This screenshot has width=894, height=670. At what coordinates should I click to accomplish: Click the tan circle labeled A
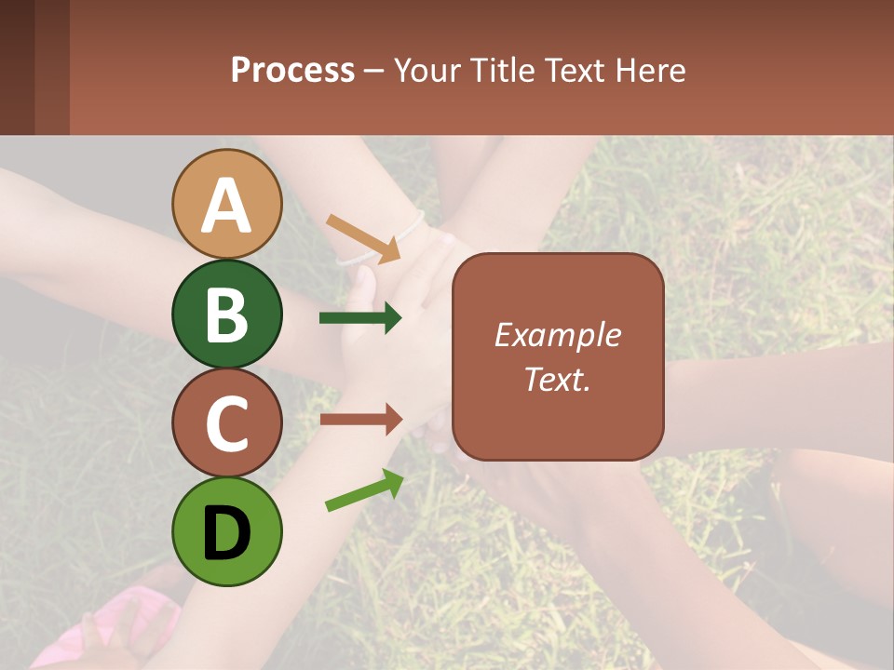[227, 204]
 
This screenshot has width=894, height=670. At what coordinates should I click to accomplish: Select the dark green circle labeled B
[227, 314]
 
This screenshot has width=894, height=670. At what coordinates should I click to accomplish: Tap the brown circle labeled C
[227, 423]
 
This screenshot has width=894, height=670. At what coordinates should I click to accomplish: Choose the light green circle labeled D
[227, 532]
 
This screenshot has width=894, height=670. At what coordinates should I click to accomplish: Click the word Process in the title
[292, 70]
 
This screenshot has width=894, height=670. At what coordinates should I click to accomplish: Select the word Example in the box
[557, 335]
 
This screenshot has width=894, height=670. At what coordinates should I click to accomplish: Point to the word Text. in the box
[557, 379]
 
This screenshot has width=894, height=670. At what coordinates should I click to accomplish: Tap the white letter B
[227, 315]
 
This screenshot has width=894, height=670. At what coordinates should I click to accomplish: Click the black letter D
[227, 533]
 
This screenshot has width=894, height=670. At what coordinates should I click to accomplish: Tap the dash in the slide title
[373, 71]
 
